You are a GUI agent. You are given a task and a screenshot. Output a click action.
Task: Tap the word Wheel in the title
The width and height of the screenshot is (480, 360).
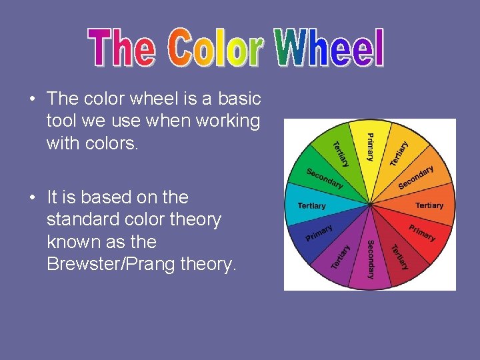click(329, 48)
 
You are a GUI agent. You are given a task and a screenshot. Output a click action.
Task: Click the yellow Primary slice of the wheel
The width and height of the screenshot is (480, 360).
click(370, 150)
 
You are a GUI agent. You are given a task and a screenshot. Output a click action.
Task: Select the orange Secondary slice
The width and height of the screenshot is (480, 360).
click(416, 177)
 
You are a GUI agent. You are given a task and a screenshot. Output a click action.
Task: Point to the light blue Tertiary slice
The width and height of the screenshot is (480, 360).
click(312, 205)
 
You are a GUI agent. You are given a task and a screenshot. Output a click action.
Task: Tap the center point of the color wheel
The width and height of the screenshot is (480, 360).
click(370, 203)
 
